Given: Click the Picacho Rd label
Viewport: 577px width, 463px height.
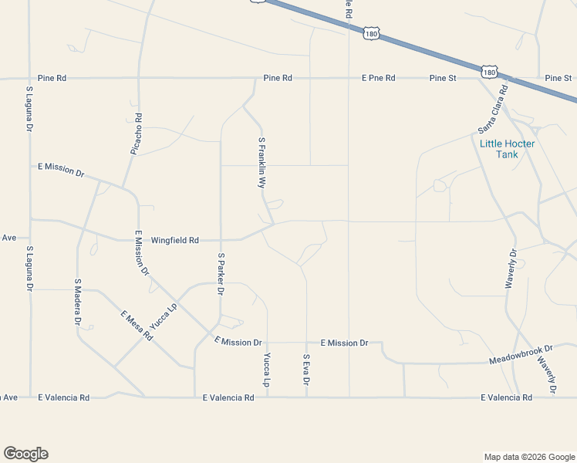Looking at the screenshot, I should tap(137, 134).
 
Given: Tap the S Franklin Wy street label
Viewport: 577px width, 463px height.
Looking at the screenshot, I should tap(262, 163).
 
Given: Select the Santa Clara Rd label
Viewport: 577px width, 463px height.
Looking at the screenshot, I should tap(493, 108).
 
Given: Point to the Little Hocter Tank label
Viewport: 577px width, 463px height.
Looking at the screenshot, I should tap(507, 149).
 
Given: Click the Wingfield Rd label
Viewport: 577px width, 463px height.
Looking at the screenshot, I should tap(174, 240).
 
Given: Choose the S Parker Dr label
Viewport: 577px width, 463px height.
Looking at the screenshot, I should tap(221, 274).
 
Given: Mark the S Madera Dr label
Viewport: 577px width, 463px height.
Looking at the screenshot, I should tap(78, 302).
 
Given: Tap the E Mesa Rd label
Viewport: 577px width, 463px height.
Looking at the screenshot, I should tap(137, 326).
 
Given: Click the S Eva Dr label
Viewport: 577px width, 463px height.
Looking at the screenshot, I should tap(306, 370).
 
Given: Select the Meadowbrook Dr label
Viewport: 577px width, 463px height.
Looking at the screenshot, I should tap(521, 356).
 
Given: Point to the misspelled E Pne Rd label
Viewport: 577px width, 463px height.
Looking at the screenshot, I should tap(378, 78).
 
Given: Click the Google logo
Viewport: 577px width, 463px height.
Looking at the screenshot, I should tap(25, 454).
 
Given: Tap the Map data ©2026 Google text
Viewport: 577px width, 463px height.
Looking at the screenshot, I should tap(528, 457).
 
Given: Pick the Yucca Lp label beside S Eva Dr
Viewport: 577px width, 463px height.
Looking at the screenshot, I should tap(267, 370).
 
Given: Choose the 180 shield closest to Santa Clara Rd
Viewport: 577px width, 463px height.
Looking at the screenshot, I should tap(489, 72).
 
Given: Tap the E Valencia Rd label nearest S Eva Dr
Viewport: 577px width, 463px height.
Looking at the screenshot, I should tap(228, 398).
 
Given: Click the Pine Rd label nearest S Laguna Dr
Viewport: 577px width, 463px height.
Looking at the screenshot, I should tap(51, 78).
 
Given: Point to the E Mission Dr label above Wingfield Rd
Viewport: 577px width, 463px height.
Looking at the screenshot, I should tap(61, 169).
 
